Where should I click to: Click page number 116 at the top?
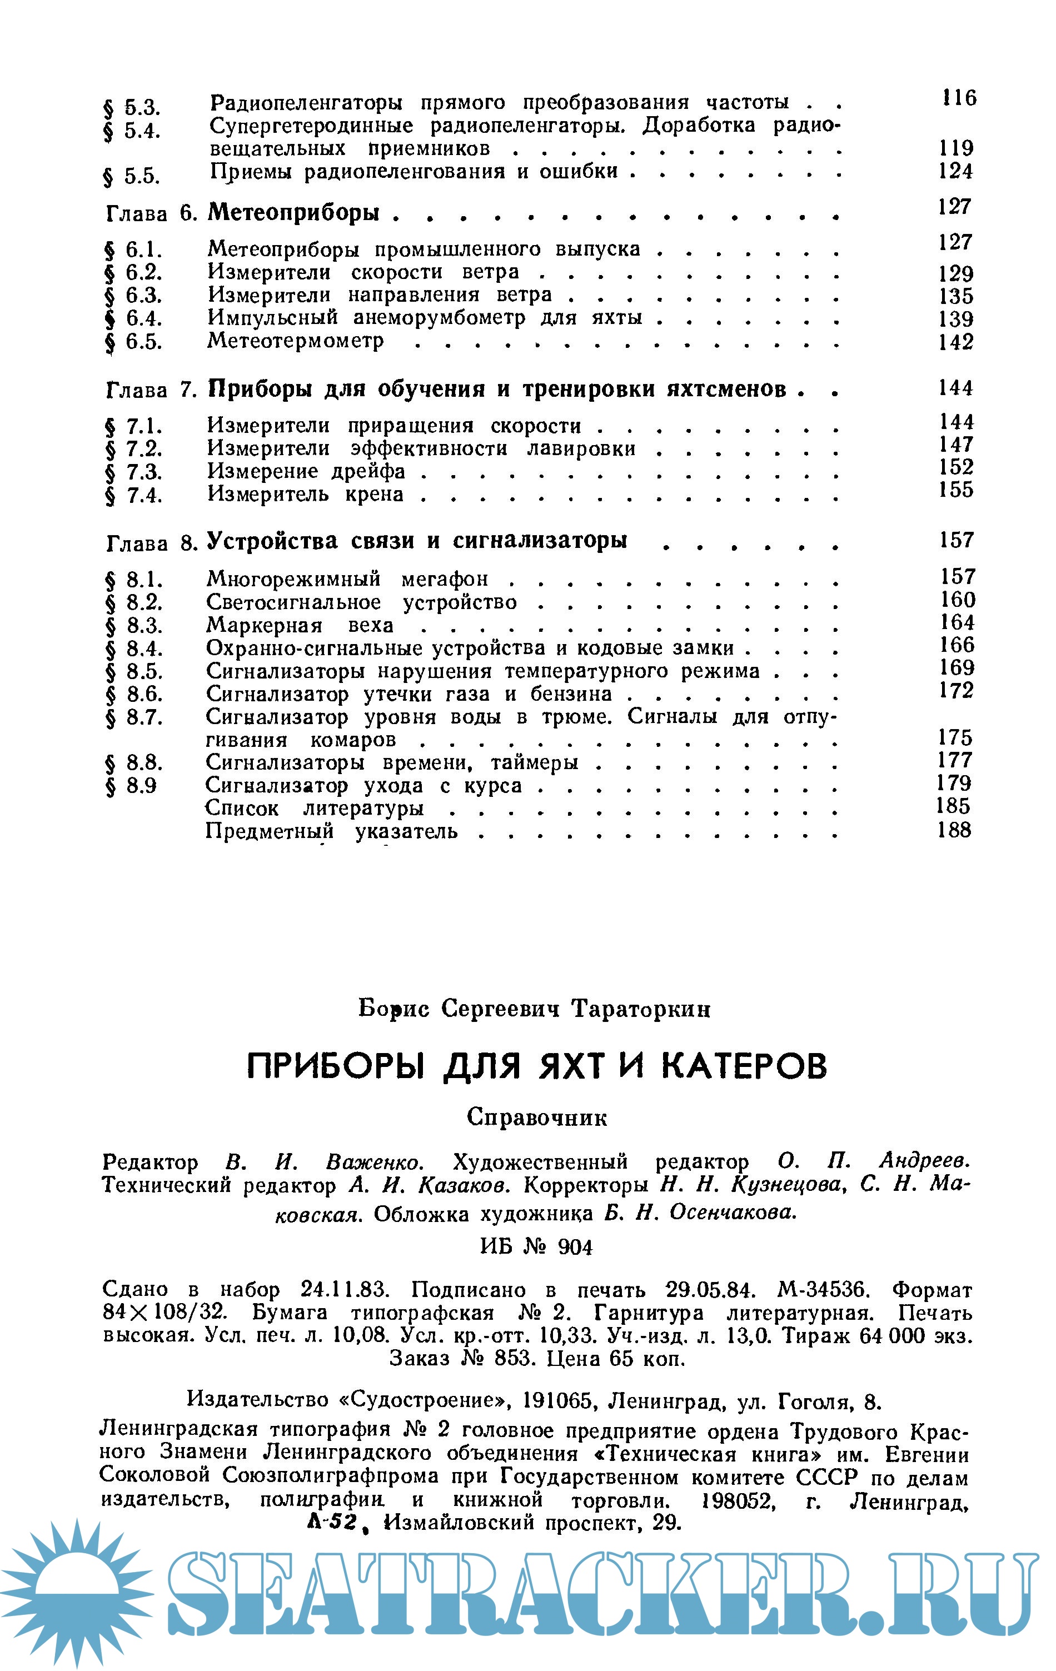pos(958,98)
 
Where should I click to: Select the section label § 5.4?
pos(131,131)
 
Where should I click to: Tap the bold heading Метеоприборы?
pos(294,212)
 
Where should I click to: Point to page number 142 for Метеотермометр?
pos(955,342)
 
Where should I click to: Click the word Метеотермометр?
pos(296,341)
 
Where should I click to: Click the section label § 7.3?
pos(134,472)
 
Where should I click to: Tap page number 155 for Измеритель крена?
pos(956,490)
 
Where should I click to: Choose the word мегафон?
pos(445,578)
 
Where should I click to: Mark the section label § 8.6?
pos(134,694)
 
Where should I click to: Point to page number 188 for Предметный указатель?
pos(954,830)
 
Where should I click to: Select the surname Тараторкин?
pos(641,1009)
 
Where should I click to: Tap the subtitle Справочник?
pos(537,1116)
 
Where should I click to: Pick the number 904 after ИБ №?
pos(575,1248)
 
